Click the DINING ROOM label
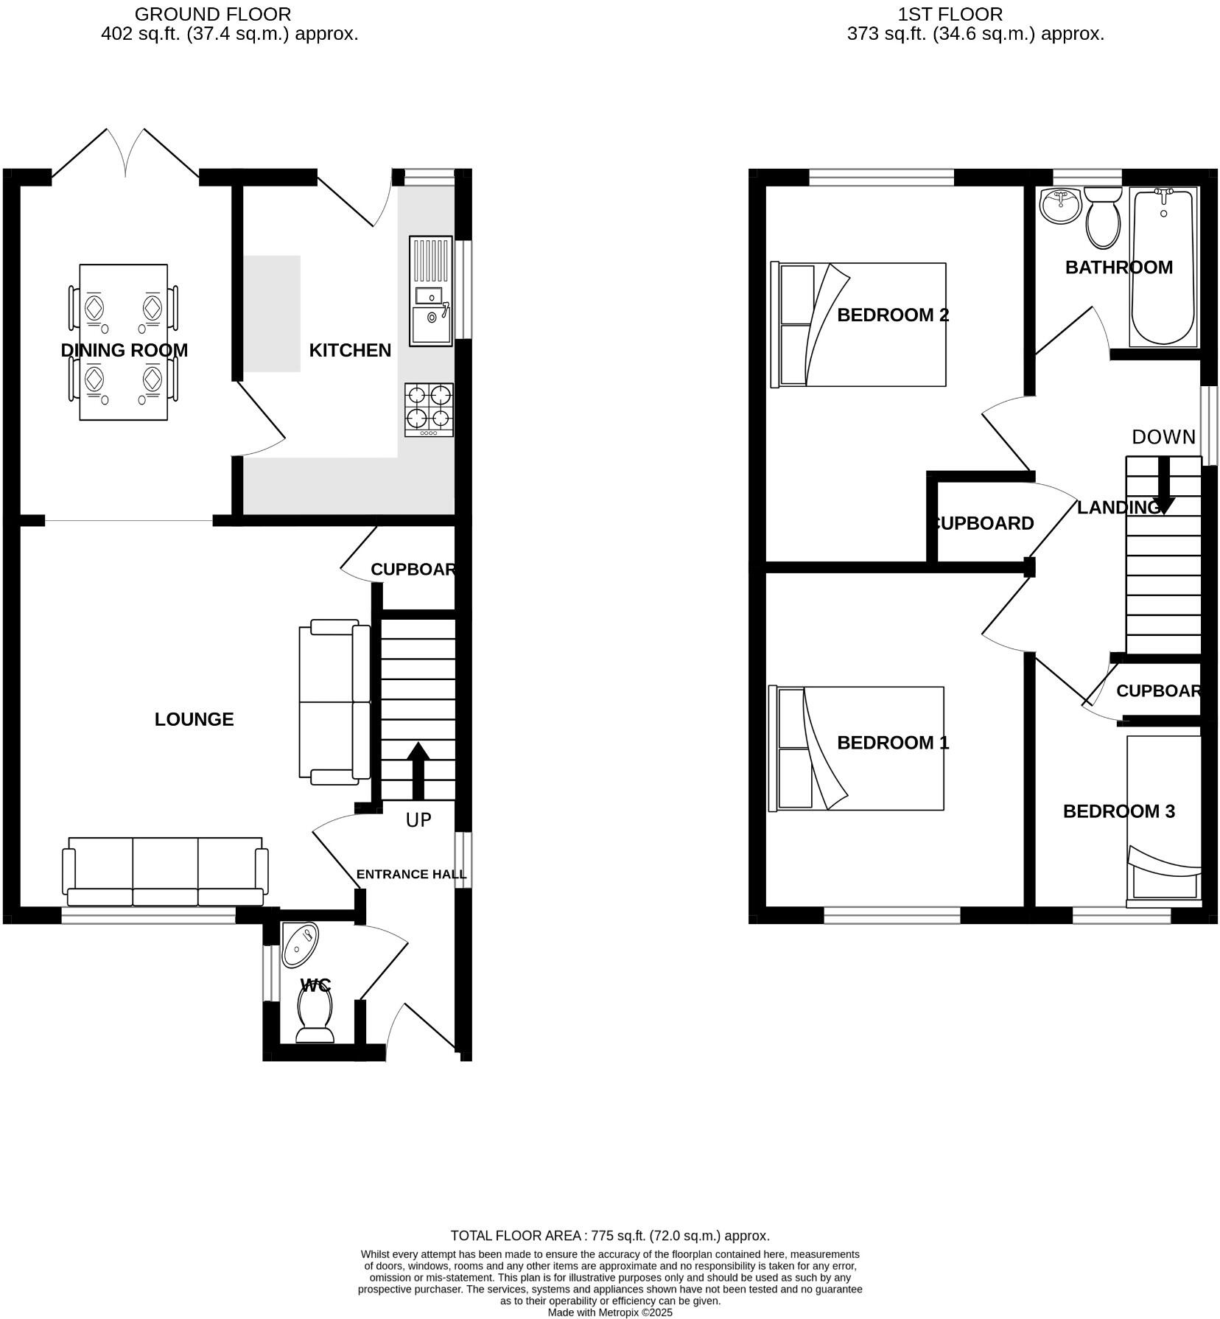point(124,350)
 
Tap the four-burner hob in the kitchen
point(429,410)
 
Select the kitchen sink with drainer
point(430,291)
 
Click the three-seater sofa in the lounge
point(165,872)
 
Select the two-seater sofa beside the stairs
point(334,702)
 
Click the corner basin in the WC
point(301,944)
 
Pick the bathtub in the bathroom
point(1163,267)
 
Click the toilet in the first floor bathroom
point(1102,217)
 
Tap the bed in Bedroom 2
point(858,324)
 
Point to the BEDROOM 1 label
point(893,743)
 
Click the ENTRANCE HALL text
point(411,875)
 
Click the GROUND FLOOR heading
point(212,14)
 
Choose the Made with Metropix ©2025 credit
point(609,1312)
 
